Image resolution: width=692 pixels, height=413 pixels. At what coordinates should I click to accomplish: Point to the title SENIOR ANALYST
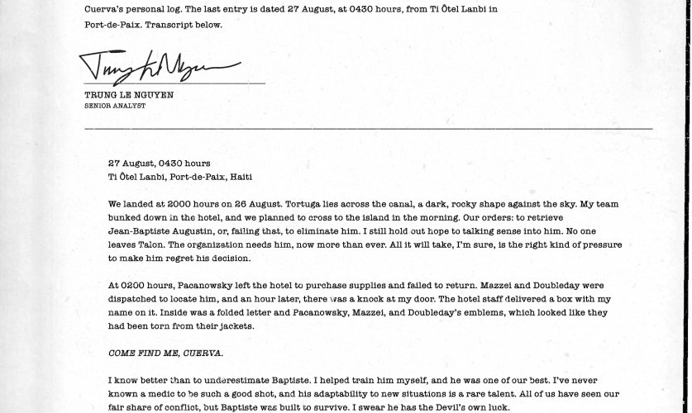tap(115, 106)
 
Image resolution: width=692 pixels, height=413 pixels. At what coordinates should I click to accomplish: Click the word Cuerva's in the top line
tap(105, 11)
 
